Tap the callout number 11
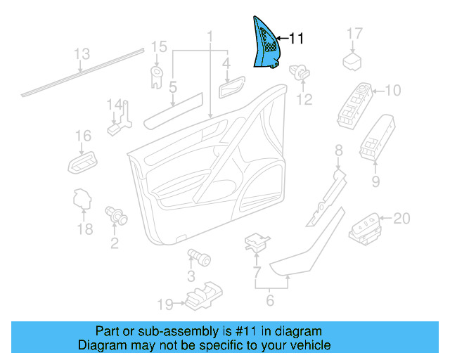pyautogui.click(x=296, y=39)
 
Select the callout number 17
pyautogui.click(x=354, y=34)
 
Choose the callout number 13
pyautogui.click(x=82, y=54)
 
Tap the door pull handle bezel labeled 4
pyautogui.click(x=229, y=89)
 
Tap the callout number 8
pyautogui.click(x=338, y=150)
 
